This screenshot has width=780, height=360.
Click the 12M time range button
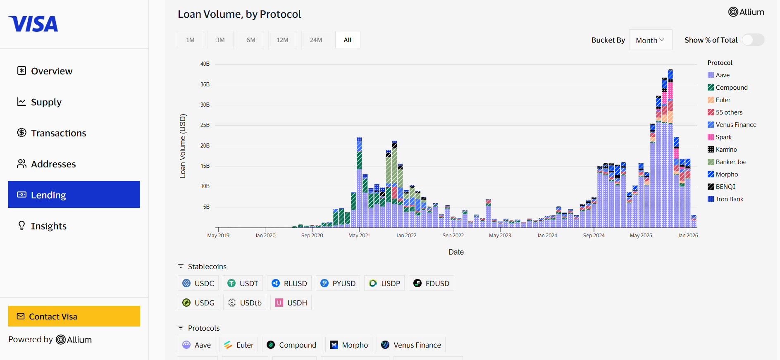[282, 40]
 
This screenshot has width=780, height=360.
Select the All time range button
[348, 40]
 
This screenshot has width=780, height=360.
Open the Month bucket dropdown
[650, 40]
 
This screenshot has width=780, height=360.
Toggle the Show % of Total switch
[753, 40]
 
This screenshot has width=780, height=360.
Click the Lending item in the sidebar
[74, 195]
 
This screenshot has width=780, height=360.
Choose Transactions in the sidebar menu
[58, 133]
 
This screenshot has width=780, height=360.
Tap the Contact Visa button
[74, 317]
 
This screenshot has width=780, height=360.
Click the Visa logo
[33, 24]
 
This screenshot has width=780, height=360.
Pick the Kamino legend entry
[726, 150]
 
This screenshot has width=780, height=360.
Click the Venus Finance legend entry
[735, 125]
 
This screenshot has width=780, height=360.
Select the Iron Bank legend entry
[729, 199]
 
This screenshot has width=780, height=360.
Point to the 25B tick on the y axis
[205, 125]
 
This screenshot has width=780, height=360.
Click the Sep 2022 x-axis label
[453, 236]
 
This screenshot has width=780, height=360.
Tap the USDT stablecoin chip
[243, 284]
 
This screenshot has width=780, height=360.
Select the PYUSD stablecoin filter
[338, 284]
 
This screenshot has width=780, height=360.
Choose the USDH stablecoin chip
[291, 303]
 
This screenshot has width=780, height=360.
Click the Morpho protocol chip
[349, 345]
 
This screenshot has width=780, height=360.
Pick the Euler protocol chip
[239, 345]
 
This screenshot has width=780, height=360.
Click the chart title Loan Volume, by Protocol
[239, 14]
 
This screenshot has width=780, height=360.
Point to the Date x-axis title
[456, 252]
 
